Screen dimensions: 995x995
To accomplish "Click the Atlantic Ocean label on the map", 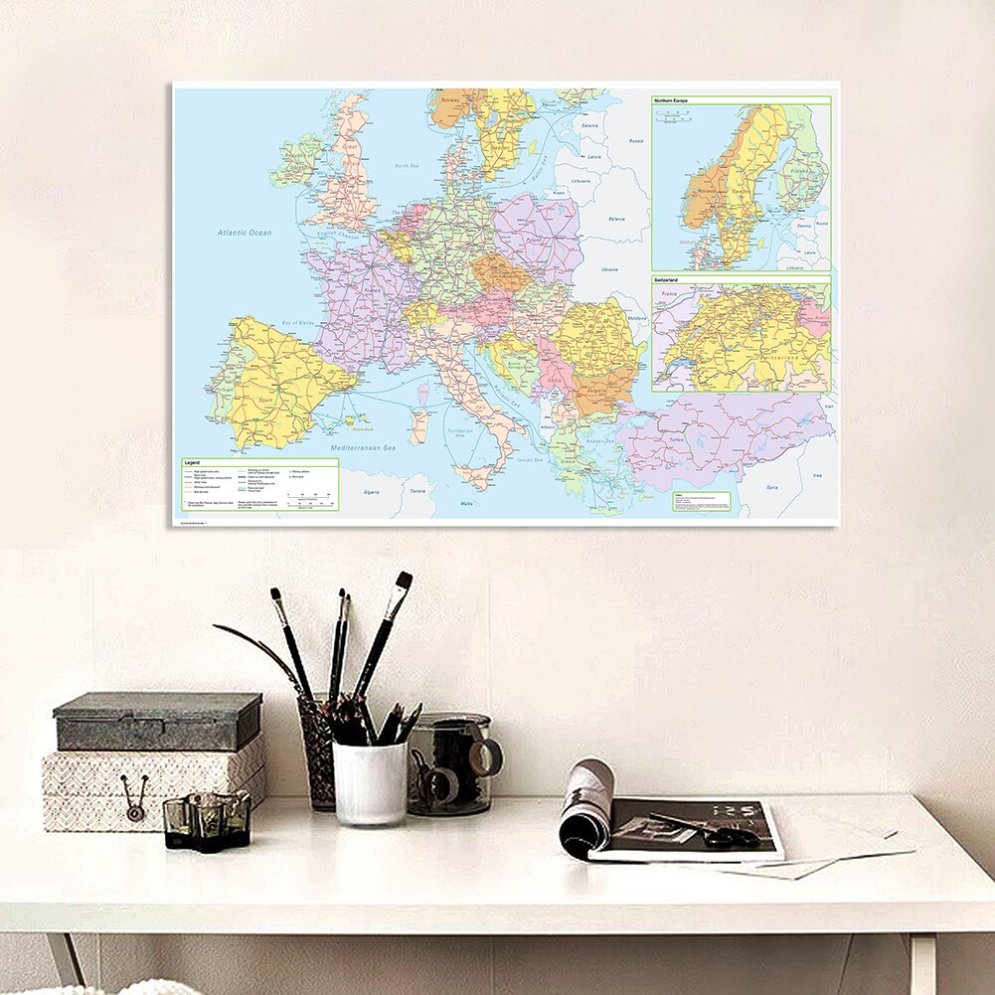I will (x=245, y=233).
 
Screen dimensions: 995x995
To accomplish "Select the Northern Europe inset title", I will (x=671, y=101).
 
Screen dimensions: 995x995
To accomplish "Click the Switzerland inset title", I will (x=669, y=281).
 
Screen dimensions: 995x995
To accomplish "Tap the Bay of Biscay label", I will (x=277, y=325).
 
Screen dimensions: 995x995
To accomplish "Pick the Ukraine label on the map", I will (x=609, y=269).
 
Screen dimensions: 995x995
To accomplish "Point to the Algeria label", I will (x=372, y=492).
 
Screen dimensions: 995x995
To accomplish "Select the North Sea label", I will (x=406, y=167).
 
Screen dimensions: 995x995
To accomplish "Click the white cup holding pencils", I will (x=369, y=783).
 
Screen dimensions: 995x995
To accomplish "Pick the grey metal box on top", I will (x=158, y=721).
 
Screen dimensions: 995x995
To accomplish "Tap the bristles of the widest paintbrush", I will (x=402, y=582).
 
